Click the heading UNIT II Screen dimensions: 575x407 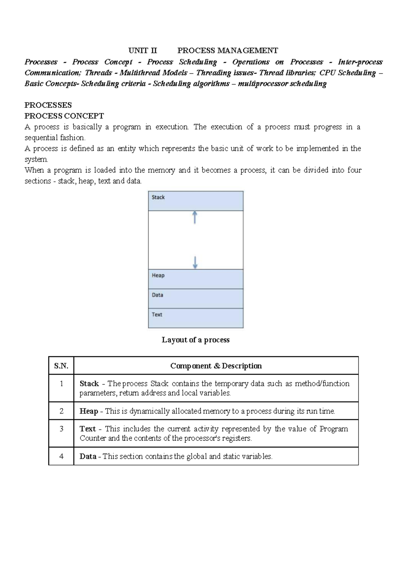142,51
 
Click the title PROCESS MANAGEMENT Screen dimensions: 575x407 228,51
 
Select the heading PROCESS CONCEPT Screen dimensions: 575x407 64,116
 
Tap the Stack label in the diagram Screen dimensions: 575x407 158,197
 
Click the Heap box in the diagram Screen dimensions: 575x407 196,279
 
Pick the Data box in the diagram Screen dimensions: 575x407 196,298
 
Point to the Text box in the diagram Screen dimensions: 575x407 196,318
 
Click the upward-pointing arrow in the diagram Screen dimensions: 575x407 195,217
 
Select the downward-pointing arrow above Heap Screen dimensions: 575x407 195,262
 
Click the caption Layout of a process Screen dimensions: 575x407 196,340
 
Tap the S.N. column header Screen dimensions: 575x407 61,366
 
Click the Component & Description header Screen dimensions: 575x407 216,366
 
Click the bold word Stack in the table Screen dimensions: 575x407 89,384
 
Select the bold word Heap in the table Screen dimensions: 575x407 89,411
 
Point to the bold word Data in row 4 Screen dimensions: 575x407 88,456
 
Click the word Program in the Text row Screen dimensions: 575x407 334,429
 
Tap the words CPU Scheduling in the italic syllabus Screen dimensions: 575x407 348,73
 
